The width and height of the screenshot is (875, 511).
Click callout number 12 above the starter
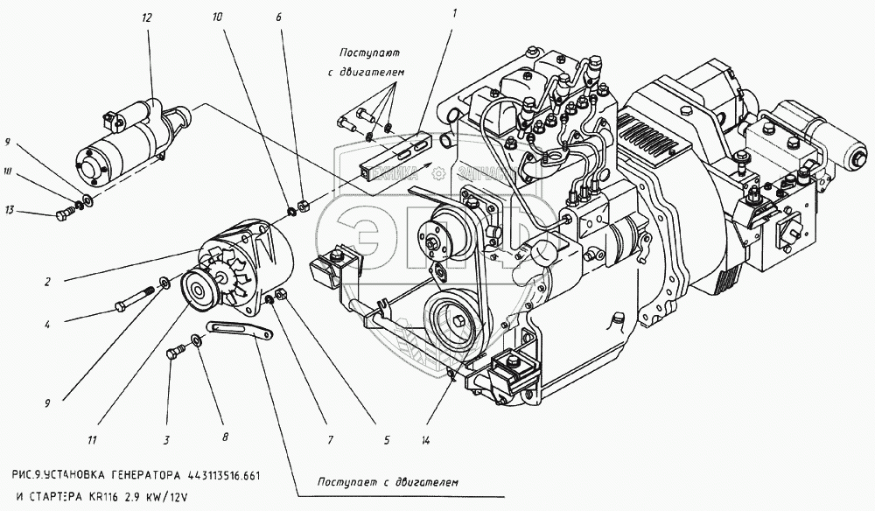pos(146,17)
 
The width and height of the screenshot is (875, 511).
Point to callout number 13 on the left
pos(10,210)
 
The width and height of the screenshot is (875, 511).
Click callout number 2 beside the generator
pos(49,282)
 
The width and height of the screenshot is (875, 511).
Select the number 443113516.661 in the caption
pos(224,474)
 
